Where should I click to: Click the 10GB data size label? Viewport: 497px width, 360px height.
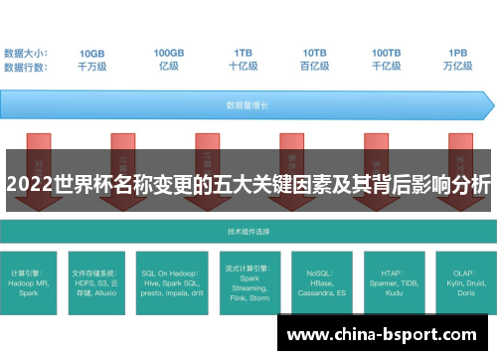click(x=92, y=52)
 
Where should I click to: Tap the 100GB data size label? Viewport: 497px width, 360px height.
click(x=169, y=52)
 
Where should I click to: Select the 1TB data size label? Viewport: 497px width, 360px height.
click(x=244, y=52)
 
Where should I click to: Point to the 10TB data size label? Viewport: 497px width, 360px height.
click(x=315, y=52)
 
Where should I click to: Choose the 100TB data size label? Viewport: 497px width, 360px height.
click(x=387, y=52)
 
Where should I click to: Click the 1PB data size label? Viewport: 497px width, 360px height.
click(x=458, y=52)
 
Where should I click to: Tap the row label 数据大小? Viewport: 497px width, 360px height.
click(x=25, y=52)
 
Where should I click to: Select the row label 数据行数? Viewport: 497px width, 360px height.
click(x=25, y=66)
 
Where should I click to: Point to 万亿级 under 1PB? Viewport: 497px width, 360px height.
click(x=458, y=66)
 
